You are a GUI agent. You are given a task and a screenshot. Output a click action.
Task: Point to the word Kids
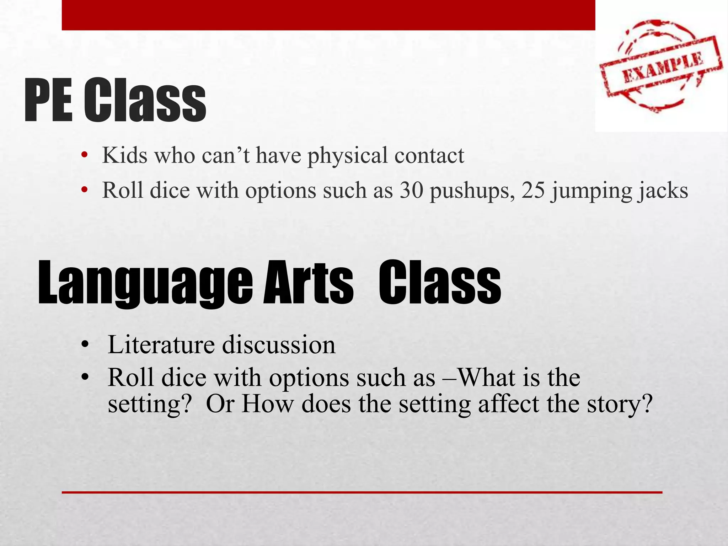[x=124, y=155]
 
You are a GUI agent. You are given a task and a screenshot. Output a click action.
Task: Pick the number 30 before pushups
[x=412, y=190]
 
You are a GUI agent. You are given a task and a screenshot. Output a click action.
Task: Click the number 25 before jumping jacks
[x=533, y=190]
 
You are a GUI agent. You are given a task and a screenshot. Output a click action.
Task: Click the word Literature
[x=161, y=344]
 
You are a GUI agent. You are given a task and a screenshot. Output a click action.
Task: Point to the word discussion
[x=279, y=344]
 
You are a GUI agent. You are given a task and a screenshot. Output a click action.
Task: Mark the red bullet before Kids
[x=84, y=155]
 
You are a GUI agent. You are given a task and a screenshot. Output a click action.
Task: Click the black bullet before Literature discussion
[x=84, y=344]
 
